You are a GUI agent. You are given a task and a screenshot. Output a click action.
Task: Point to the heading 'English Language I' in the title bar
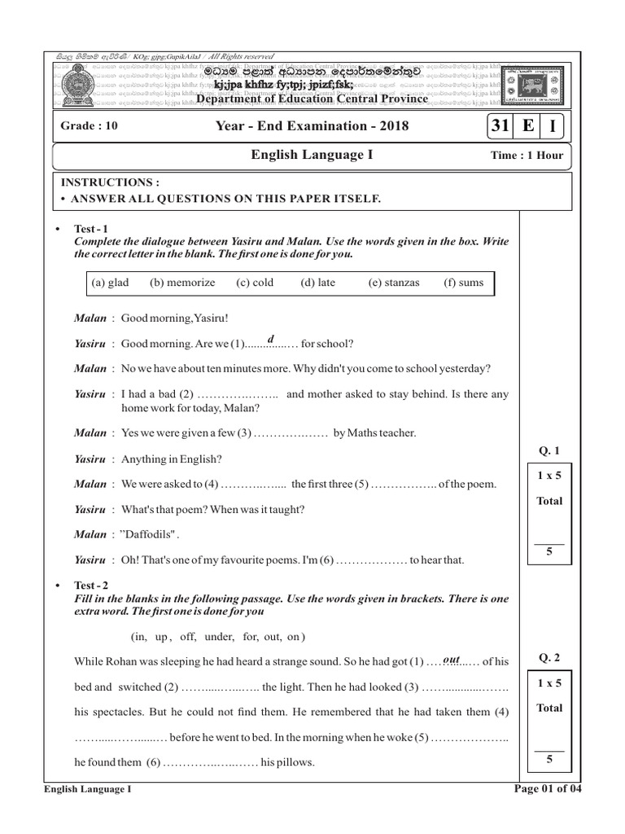point(312,155)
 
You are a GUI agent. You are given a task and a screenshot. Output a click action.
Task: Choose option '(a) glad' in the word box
point(110,283)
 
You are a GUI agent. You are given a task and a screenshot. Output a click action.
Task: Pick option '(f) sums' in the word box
point(464,283)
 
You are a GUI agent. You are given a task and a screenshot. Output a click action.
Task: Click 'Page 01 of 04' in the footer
point(549,788)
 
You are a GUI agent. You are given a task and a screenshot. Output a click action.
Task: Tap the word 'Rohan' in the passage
point(121,661)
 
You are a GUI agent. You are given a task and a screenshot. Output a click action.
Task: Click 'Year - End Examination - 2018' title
point(312,126)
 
